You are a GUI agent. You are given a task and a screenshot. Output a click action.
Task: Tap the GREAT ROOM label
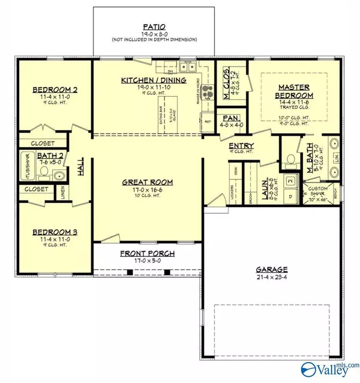[x=147, y=182]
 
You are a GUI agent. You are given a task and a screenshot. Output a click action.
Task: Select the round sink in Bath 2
[x=58, y=176]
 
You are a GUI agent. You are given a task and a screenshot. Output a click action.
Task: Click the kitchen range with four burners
[x=208, y=91]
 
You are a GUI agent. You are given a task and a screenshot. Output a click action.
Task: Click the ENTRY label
[x=241, y=145]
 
